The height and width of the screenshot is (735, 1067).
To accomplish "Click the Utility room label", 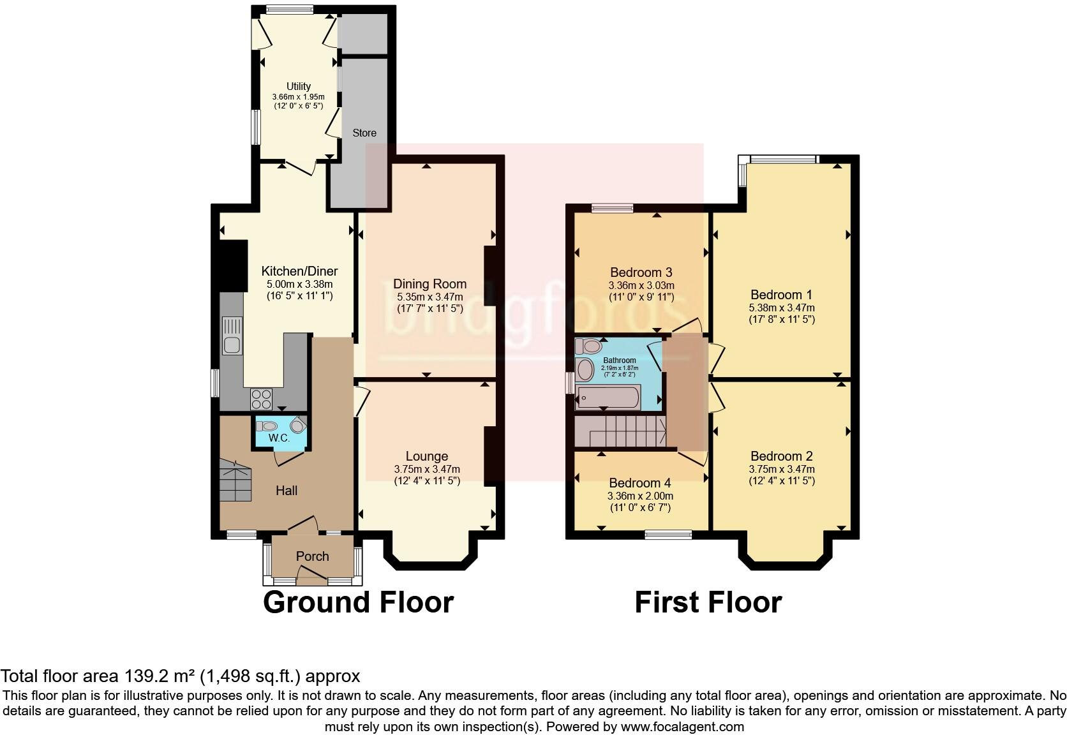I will (298, 86).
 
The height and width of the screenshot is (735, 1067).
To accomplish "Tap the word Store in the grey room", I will (364, 133).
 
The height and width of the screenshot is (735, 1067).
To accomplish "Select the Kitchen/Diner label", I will (299, 271).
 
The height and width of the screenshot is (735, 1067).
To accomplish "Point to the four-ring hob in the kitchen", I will (261, 399).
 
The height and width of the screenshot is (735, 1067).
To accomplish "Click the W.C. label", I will (279, 438).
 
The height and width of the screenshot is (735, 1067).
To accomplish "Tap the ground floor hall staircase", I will (235, 480).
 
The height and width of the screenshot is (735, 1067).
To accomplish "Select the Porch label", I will (312, 556).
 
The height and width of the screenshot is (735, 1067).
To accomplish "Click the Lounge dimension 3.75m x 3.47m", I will (426, 469).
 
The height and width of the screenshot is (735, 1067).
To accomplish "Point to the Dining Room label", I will (429, 284).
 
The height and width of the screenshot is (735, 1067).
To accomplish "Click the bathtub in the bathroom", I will (607, 397).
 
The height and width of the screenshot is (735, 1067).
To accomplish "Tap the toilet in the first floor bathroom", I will (588, 346).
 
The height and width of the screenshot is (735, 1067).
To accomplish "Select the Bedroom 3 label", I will (641, 272).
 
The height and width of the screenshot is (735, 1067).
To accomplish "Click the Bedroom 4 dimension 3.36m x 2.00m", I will (640, 496).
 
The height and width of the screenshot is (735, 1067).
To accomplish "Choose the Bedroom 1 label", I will (781, 295).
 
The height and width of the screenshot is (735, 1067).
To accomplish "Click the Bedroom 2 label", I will (781, 456).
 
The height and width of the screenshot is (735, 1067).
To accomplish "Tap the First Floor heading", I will (708, 602).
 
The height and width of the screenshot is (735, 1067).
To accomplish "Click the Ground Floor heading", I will (358, 602).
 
